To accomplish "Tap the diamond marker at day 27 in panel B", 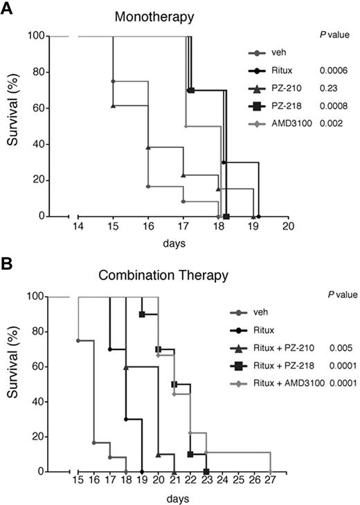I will (x=270, y=471).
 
